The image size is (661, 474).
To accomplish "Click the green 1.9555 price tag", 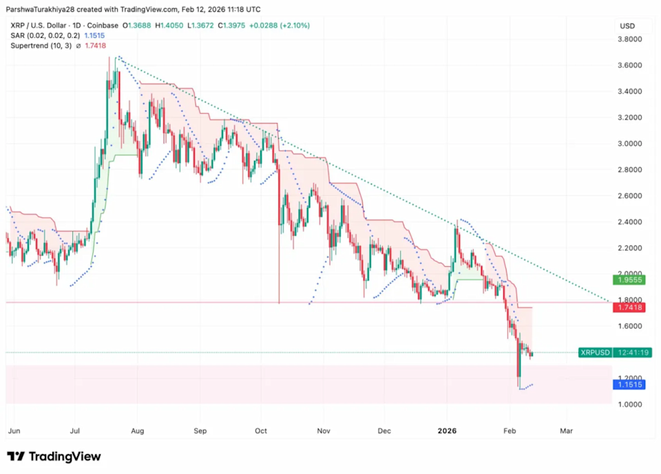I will [630, 281].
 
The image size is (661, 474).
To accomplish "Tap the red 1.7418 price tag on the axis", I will [630, 308].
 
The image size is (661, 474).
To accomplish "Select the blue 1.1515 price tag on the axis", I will [630, 385].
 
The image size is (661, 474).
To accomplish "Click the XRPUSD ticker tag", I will [595, 353].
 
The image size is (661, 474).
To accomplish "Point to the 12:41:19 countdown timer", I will [632, 353].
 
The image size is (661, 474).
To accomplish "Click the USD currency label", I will [627, 26].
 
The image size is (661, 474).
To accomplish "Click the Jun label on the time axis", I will [13, 431].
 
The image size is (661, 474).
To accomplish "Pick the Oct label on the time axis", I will [262, 431].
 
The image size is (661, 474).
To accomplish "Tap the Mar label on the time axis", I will [566, 431].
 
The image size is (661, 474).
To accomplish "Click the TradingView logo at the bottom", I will [54, 457].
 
